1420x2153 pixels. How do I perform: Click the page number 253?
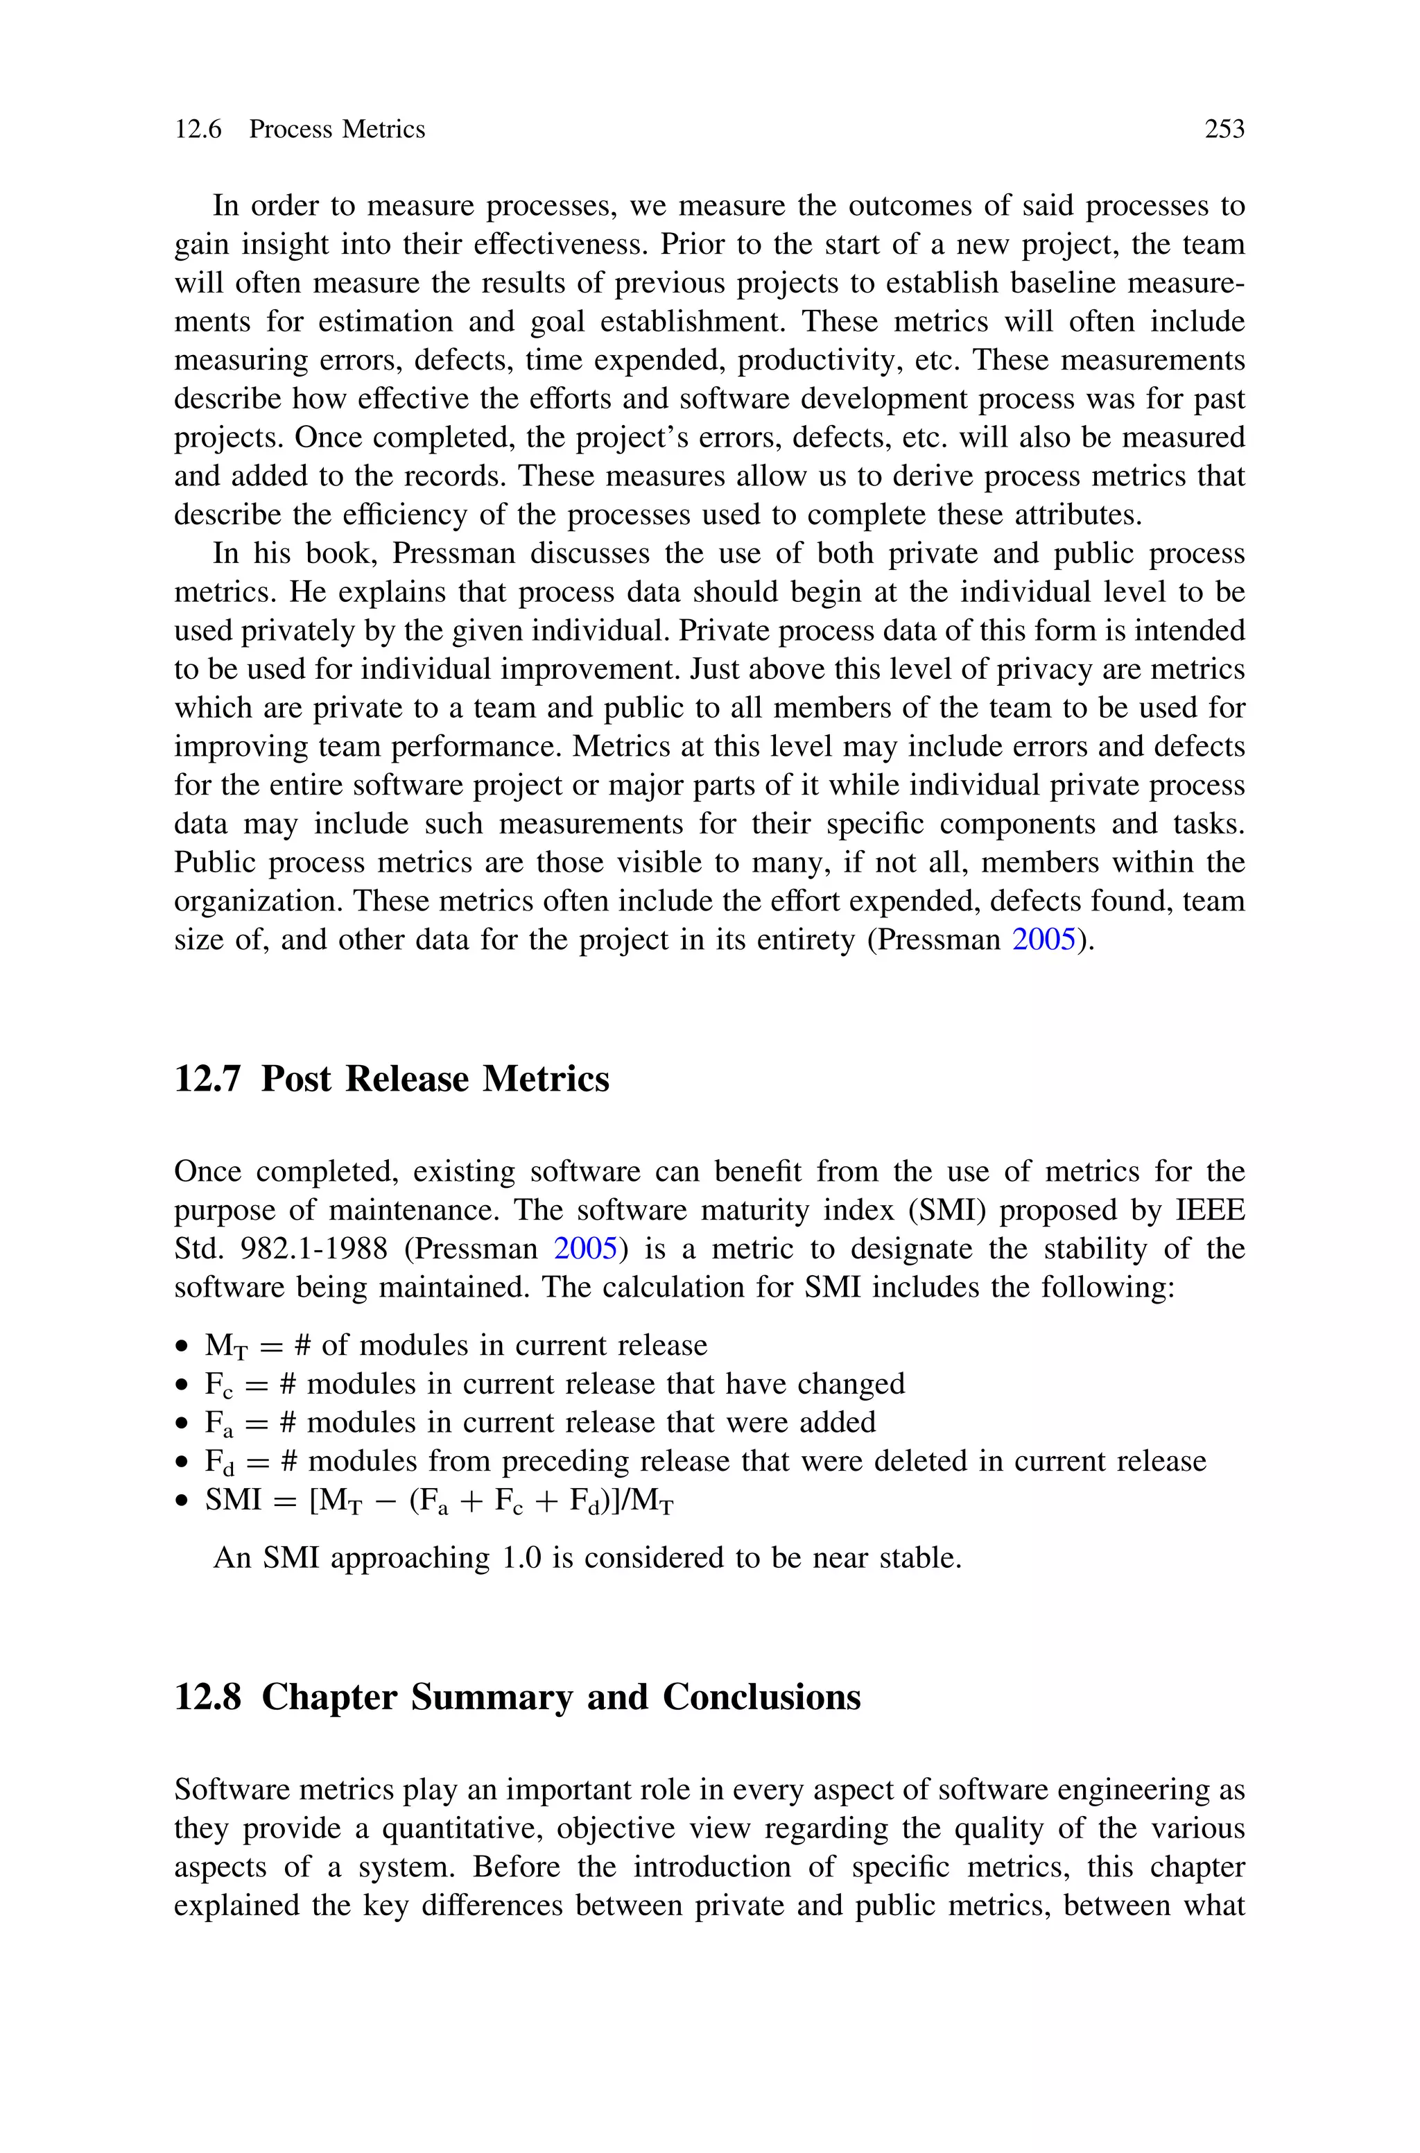[x=1224, y=130]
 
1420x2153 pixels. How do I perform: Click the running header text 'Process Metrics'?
[x=337, y=130]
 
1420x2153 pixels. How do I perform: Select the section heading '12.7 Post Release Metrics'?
[x=391, y=1079]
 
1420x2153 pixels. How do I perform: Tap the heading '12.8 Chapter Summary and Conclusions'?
[x=517, y=1697]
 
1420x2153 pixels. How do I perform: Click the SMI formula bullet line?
[x=439, y=1501]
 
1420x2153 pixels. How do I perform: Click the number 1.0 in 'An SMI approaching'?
[x=521, y=1558]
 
